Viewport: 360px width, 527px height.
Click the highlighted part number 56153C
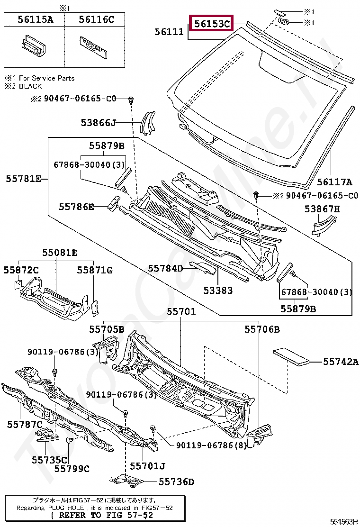point(212,23)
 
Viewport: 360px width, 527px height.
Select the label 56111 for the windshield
point(169,32)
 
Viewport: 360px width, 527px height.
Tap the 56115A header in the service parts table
point(35,19)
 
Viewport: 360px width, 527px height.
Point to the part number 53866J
point(98,123)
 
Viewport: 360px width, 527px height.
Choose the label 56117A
point(334,182)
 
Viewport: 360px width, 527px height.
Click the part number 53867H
point(322,209)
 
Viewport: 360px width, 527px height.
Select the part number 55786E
point(76,207)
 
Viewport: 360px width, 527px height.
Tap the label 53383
point(218,290)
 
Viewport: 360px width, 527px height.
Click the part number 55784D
point(165,269)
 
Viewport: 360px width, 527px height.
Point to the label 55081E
point(60,253)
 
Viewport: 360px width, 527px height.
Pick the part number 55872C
point(21,270)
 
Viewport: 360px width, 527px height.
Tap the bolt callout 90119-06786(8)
point(211,445)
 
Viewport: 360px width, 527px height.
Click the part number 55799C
point(72,469)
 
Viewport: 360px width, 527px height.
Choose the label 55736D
point(176,482)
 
